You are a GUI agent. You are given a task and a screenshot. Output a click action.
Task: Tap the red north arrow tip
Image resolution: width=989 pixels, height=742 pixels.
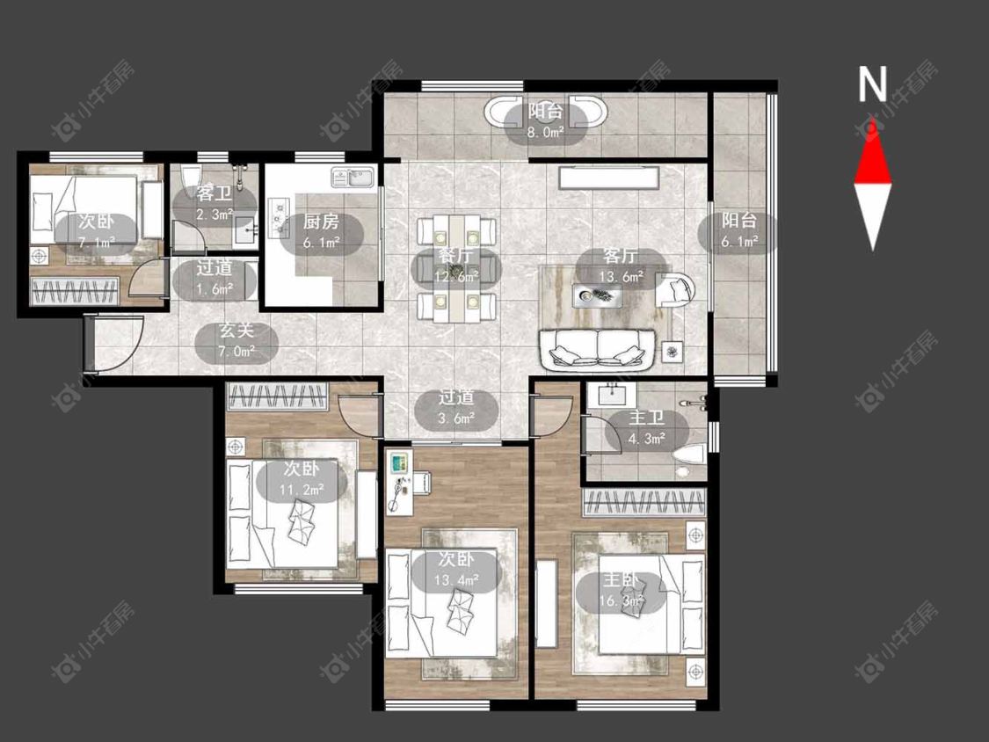point(873,120)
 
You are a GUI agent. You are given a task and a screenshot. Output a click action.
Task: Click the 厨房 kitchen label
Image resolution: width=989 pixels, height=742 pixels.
point(321,222)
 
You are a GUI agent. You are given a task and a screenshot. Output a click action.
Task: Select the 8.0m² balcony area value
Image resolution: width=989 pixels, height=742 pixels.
point(546,133)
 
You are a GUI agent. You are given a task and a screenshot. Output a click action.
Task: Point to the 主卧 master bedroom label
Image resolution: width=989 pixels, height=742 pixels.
point(621,578)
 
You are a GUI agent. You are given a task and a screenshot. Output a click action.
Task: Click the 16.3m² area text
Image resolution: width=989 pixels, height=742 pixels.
point(622,600)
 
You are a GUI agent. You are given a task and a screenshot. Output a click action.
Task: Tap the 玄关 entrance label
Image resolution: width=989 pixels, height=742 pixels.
point(236,330)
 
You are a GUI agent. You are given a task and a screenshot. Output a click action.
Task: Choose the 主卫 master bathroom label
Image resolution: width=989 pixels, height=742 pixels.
point(647,418)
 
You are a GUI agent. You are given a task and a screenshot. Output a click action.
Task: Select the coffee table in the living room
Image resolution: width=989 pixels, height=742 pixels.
point(597,295)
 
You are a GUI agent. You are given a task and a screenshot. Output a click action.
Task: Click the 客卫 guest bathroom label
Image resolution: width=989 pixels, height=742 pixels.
point(215,193)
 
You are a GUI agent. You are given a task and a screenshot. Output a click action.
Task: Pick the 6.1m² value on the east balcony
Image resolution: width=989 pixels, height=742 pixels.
point(739,241)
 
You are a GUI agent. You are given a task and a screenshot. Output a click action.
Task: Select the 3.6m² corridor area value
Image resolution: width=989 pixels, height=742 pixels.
point(456,418)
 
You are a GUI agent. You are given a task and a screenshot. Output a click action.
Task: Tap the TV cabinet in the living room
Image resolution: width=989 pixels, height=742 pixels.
point(608,177)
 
